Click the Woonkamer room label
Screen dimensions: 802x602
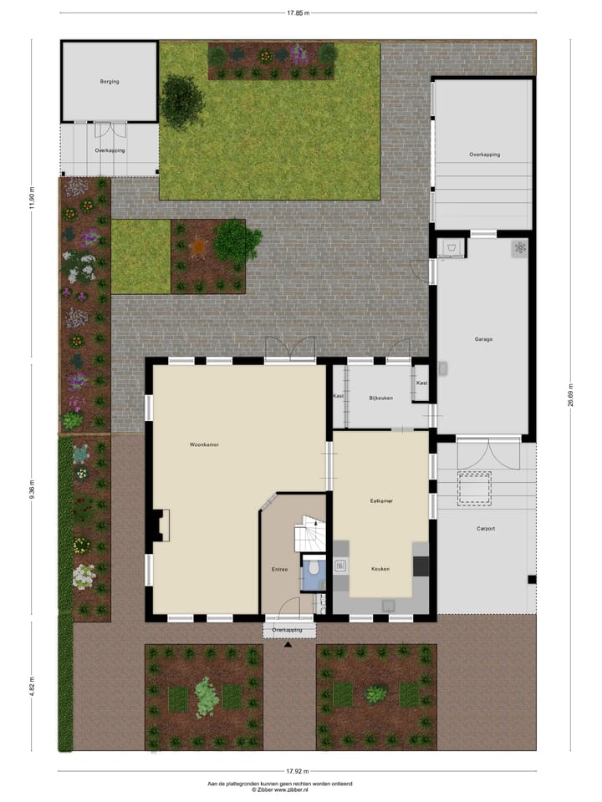(203, 445)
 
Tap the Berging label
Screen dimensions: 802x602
(109, 82)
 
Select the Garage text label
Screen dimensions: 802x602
(482, 339)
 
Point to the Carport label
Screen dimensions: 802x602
(486, 528)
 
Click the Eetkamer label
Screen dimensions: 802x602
(381, 501)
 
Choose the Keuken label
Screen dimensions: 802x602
(381, 569)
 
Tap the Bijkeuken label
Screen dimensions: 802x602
(381, 398)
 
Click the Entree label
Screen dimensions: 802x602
(279, 570)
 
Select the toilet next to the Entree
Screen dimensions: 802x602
(313, 569)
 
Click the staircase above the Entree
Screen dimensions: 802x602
(309, 532)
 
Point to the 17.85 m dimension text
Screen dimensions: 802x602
(298, 13)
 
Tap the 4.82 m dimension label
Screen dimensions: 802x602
(32, 686)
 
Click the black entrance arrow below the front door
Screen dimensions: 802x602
(288, 645)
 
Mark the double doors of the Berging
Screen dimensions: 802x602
(110, 129)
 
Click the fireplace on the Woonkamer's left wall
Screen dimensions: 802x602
(160, 526)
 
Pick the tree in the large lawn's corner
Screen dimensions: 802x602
(181, 100)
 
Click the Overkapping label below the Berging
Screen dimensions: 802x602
(110, 151)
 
